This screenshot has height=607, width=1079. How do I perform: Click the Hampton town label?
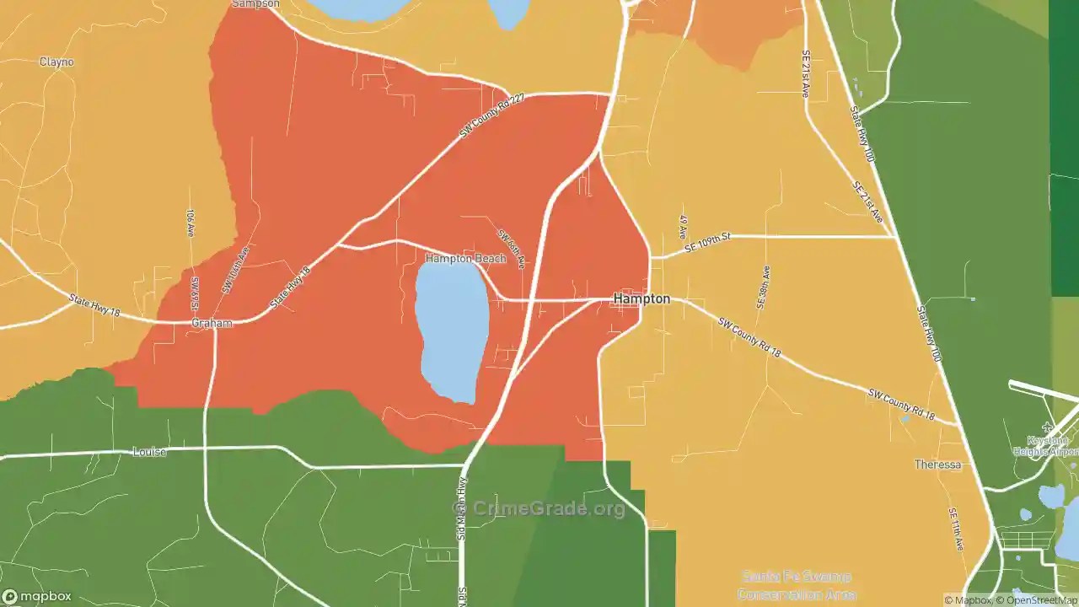tap(641, 298)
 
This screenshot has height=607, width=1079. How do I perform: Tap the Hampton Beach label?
tap(465, 259)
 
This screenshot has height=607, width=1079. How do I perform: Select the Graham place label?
tap(212, 323)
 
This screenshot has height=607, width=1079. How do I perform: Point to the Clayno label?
tap(56, 62)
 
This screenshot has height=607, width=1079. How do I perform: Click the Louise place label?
tap(149, 452)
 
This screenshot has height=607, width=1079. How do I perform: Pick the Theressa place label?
tap(937, 465)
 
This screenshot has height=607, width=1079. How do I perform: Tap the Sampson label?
tap(255, 4)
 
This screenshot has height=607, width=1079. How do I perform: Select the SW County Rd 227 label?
tap(492, 116)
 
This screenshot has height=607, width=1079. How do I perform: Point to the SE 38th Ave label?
tap(763, 287)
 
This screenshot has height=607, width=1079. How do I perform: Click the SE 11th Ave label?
tap(955, 529)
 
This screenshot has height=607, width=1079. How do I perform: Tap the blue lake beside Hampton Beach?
tap(452, 329)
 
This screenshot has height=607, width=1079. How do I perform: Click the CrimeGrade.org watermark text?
tap(549, 508)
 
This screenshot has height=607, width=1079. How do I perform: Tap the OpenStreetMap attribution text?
tap(1037, 600)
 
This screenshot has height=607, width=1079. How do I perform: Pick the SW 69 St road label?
tap(195, 292)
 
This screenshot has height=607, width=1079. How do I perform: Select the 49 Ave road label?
tap(683, 226)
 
